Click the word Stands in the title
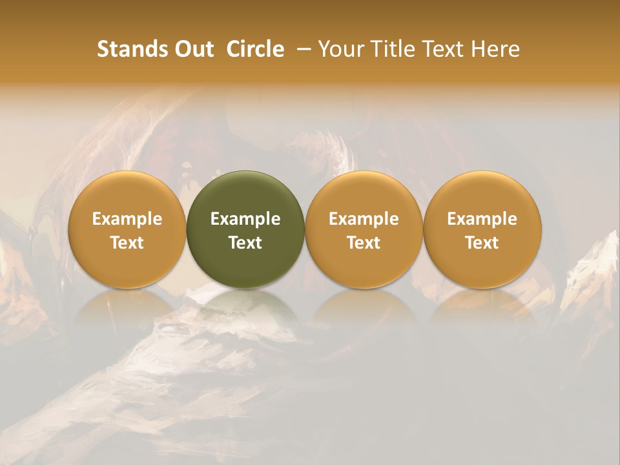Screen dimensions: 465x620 [x=132, y=49]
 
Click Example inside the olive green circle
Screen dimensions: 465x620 [x=245, y=219]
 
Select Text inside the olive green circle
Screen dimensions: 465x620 [x=245, y=243]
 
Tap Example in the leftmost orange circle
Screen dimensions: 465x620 [x=127, y=219]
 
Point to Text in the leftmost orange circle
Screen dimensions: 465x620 [x=127, y=243]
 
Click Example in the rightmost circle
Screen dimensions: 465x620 [x=482, y=219]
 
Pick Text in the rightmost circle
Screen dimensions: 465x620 [x=482, y=243]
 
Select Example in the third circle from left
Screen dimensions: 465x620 [x=364, y=219]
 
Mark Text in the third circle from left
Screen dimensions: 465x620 [x=364, y=243]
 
